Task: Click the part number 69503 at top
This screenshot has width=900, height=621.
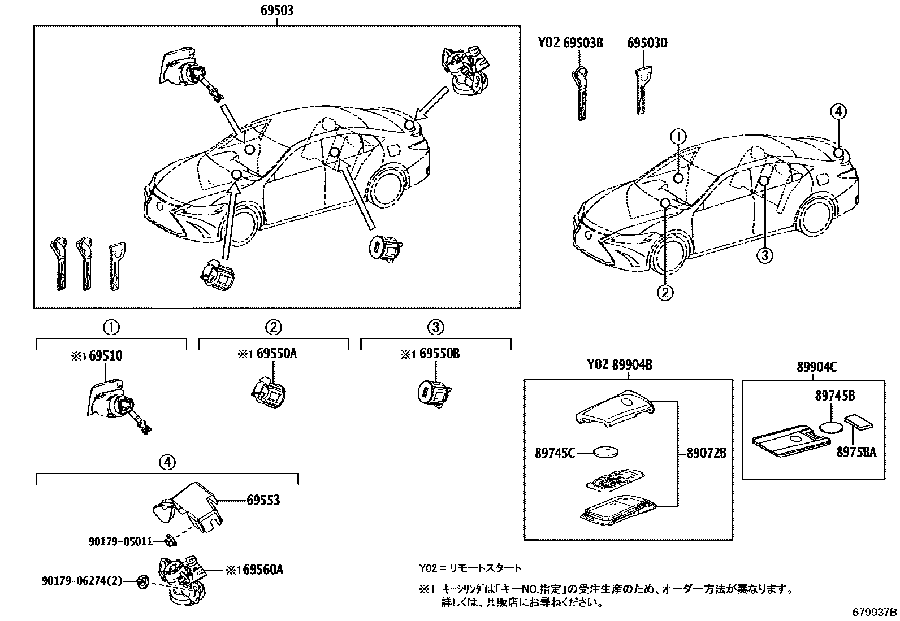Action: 277,11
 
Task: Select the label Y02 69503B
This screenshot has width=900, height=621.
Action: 570,43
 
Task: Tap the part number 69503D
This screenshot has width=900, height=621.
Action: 647,43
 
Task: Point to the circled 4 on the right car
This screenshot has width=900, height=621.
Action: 838,111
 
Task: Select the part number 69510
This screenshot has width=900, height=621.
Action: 105,356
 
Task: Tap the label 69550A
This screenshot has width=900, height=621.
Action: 276,354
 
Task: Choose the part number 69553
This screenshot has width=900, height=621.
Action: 263,500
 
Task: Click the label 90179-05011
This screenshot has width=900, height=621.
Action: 120,541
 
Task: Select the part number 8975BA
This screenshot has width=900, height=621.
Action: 858,451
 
